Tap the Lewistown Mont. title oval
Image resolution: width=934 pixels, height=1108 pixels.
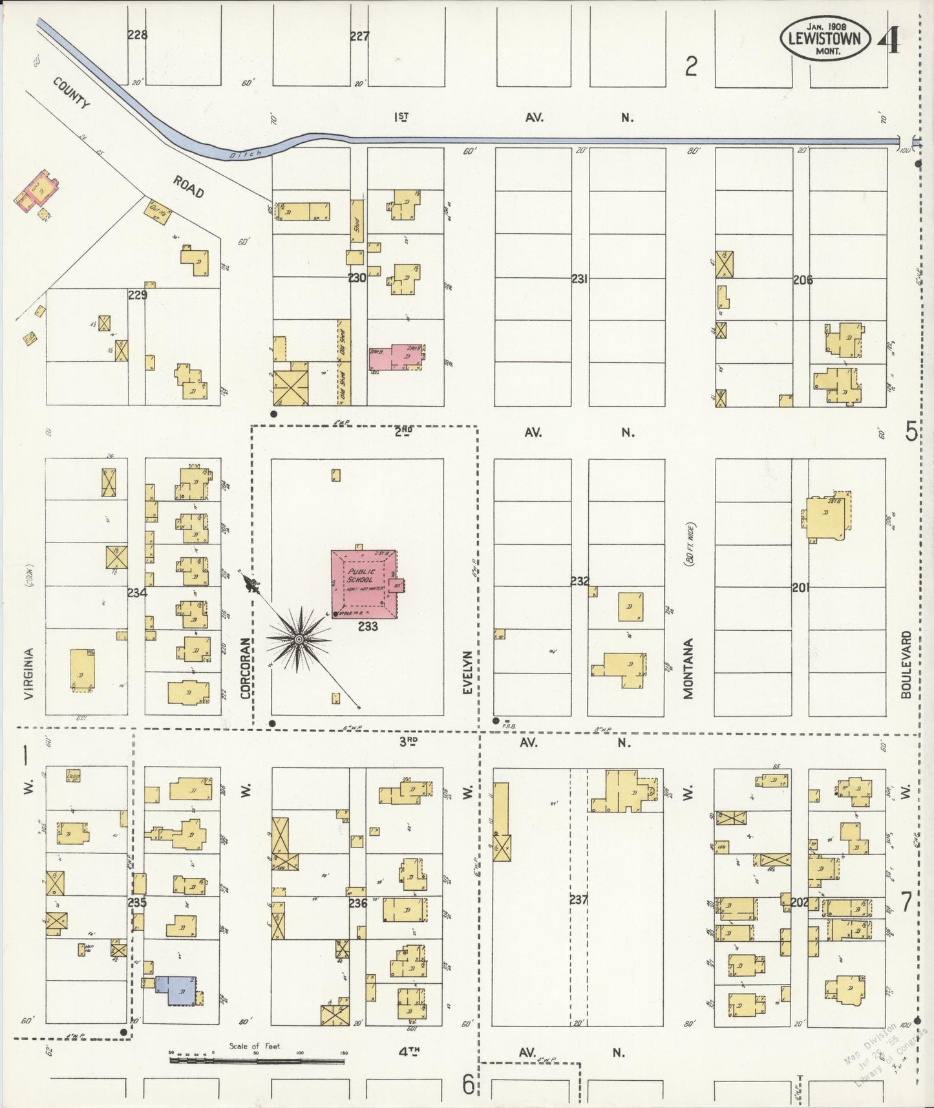click(x=824, y=38)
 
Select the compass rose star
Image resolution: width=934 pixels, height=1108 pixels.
click(x=299, y=639)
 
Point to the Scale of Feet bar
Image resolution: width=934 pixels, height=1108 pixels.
click(x=257, y=1061)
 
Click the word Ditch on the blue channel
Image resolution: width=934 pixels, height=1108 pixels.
click(x=246, y=154)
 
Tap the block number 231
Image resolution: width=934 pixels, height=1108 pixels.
click(x=579, y=279)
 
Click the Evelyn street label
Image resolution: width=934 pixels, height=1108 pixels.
click(x=468, y=673)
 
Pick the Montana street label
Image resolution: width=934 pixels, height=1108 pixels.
click(x=688, y=668)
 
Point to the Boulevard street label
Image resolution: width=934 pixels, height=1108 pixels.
click(x=906, y=664)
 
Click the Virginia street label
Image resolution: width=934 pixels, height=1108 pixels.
click(x=28, y=674)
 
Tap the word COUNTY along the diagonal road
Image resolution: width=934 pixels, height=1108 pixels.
click(x=70, y=94)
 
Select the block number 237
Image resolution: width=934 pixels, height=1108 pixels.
click(x=579, y=899)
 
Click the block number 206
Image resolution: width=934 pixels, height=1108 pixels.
click(x=803, y=280)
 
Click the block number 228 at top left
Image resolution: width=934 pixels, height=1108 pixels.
click(x=137, y=35)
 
